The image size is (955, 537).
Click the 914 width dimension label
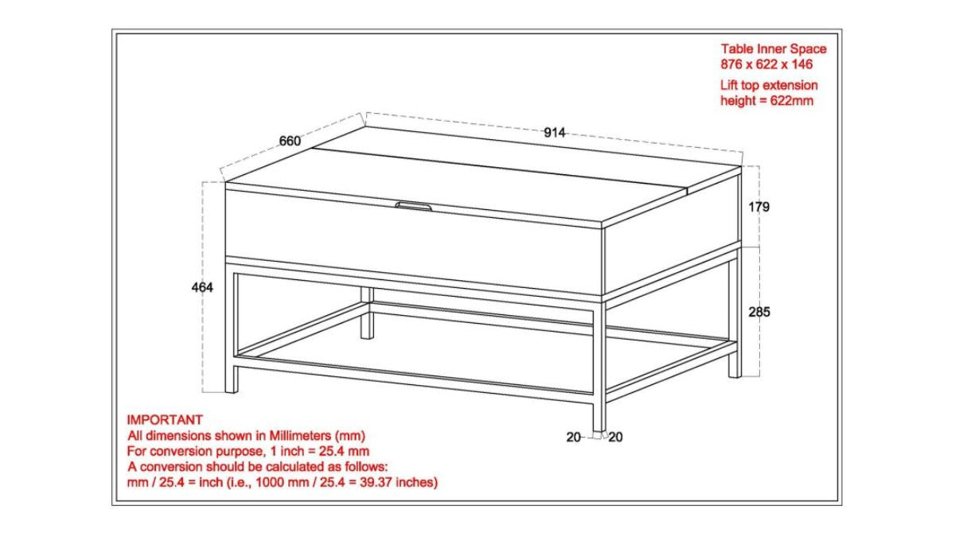click(x=554, y=133)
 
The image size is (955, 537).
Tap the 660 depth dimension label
click(x=290, y=141)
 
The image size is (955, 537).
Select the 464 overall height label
click(x=202, y=287)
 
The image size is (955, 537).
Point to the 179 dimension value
click(x=759, y=207)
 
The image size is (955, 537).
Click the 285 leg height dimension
click(x=759, y=312)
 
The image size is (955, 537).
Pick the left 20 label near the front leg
click(x=574, y=437)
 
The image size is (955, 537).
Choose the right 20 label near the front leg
click(x=615, y=437)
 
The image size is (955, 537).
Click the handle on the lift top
click(x=413, y=206)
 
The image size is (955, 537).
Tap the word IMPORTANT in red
click(x=165, y=420)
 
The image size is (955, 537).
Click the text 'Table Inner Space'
click(x=774, y=49)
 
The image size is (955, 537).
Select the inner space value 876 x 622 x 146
click(x=766, y=64)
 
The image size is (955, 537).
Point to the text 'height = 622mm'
click(x=766, y=100)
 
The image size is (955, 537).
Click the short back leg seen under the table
click(x=367, y=313)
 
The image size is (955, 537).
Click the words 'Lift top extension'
click(x=769, y=85)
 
